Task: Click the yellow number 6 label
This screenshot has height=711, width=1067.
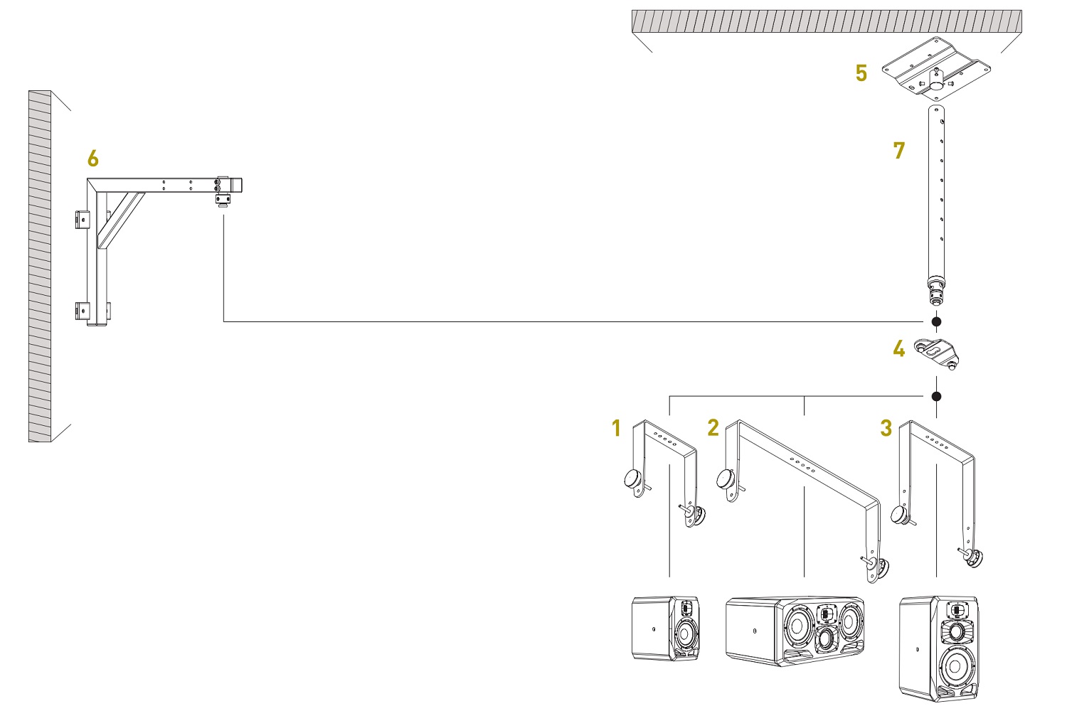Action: pos(93,158)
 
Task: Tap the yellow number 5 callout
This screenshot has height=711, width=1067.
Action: pos(861,73)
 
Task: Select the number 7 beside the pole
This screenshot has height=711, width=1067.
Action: pos(899,151)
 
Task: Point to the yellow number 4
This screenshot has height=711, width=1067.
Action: pos(899,349)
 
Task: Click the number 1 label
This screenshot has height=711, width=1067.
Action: pos(616,428)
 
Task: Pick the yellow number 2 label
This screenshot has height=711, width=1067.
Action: pos(713,427)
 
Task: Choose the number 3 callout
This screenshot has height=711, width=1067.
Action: pos(886,428)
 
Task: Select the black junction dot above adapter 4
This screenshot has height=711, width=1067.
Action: pos(936,322)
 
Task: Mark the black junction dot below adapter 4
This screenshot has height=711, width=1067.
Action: pos(936,396)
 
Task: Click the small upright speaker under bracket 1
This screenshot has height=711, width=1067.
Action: pos(665,629)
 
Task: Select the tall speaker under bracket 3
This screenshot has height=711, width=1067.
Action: pos(939,648)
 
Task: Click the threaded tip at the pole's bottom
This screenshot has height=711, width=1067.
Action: pos(935,292)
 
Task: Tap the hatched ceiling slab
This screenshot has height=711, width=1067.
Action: pos(826,21)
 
